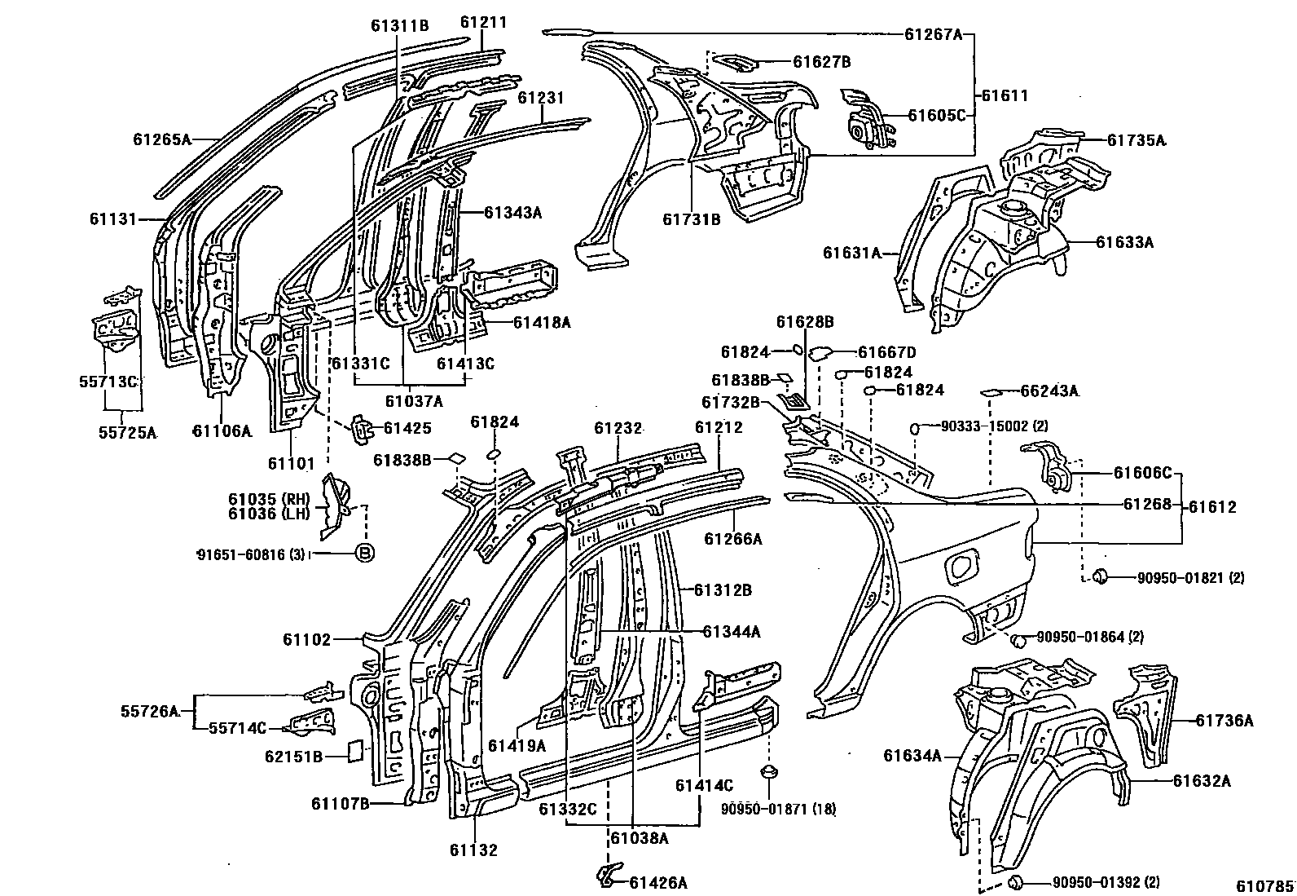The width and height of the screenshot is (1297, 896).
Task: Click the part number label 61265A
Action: click(x=162, y=139)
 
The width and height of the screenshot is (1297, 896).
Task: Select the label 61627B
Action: click(x=821, y=61)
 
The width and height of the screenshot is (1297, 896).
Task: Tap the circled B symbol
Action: click(x=365, y=554)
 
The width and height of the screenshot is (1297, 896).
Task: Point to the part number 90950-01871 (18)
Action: click(x=778, y=809)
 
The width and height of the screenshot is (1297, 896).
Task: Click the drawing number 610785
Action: click(x=1268, y=885)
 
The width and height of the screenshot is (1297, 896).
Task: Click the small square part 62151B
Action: click(x=354, y=749)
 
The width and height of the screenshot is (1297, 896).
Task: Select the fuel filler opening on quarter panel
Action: click(x=964, y=565)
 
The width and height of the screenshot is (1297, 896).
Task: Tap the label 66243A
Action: click(x=1049, y=391)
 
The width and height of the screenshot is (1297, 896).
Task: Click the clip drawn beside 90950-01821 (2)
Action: click(x=1100, y=577)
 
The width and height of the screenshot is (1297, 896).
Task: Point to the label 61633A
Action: click(x=1124, y=242)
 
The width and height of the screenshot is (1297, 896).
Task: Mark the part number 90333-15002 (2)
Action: click(x=994, y=426)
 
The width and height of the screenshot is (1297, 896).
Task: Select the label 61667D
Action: click(x=886, y=352)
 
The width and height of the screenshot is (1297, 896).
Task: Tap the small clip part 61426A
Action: click(x=605, y=875)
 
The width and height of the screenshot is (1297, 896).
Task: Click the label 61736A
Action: click(x=1224, y=720)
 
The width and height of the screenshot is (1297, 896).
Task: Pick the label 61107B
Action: click(x=340, y=804)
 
